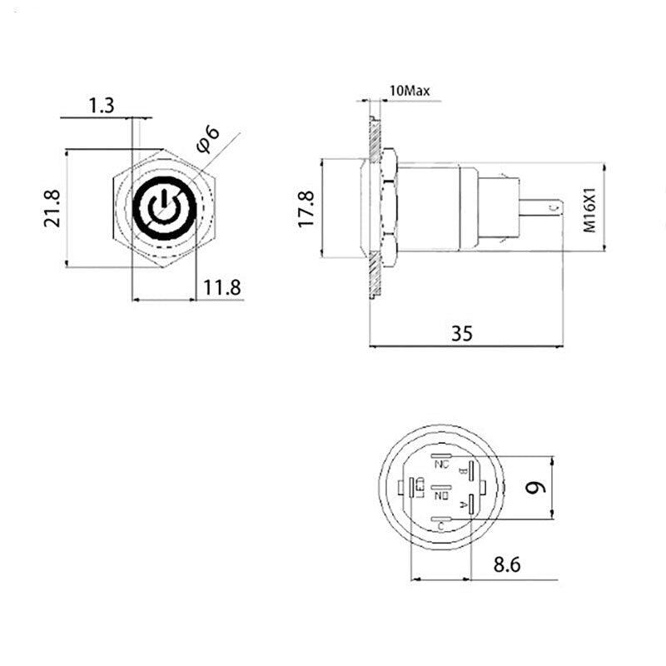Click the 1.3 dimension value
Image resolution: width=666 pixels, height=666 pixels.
tap(101, 106)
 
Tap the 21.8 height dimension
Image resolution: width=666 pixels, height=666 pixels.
tap(52, 208)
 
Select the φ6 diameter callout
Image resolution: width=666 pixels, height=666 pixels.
tap(208, 139)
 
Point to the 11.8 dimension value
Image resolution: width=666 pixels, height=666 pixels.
tap(222, 288)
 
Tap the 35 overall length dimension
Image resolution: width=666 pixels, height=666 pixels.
tap(462, 333)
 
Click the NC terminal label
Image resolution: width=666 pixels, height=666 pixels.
tap(442, 465)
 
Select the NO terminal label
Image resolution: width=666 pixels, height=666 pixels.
tap(442, 496)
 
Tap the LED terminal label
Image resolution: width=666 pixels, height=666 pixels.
tap(420, 486)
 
